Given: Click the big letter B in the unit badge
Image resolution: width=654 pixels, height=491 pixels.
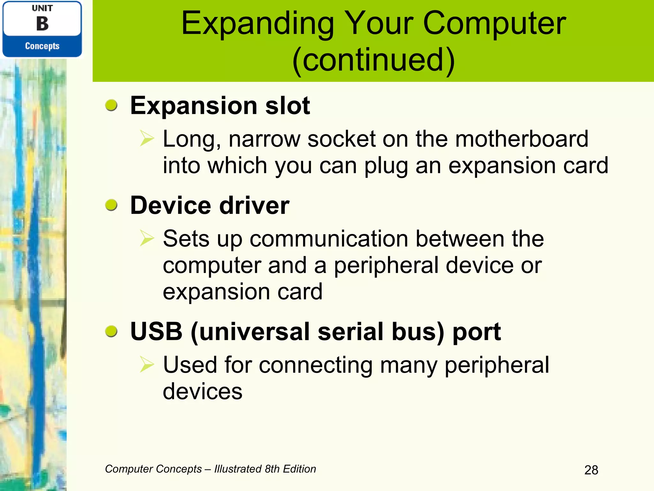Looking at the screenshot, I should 42,24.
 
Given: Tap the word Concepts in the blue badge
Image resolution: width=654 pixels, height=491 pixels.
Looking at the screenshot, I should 42,46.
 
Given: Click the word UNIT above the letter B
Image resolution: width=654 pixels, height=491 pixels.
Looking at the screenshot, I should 42,8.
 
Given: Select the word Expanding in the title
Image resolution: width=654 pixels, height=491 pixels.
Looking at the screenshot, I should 257,24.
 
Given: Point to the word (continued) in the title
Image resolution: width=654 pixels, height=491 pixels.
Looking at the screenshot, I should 373,60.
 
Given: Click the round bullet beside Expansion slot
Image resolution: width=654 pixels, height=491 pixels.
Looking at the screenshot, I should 111,105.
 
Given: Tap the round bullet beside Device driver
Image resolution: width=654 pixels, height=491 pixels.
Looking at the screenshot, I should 111,205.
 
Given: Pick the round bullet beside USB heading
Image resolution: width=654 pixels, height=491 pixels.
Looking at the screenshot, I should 111,331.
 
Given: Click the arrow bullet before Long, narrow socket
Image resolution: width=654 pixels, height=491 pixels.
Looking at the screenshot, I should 147,139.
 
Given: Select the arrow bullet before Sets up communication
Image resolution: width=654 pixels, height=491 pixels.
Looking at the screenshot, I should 147,238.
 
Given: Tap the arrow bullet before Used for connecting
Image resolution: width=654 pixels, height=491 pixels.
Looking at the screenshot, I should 147,365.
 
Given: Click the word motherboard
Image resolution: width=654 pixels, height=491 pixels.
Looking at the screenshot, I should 521,139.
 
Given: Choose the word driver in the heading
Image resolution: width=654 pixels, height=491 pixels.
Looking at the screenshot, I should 254,205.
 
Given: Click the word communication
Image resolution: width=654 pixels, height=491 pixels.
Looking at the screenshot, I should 329,239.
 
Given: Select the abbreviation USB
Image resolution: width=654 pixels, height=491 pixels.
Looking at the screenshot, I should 156,331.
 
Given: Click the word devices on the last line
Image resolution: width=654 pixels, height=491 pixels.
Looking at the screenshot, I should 202,392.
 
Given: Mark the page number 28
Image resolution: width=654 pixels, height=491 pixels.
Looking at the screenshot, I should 591,470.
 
